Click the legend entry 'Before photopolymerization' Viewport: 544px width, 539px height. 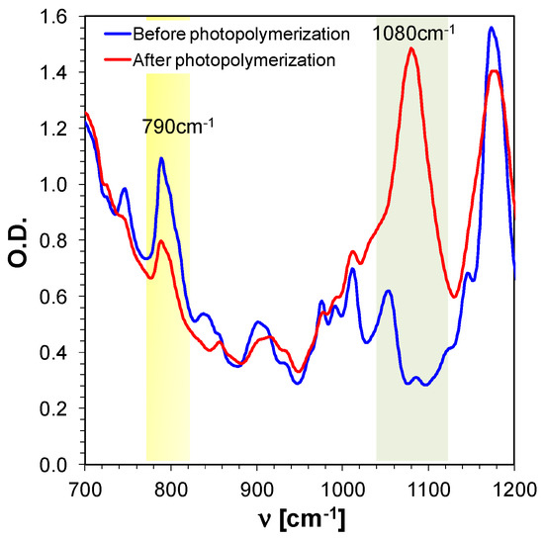pyautogui.click(x=241, y=34)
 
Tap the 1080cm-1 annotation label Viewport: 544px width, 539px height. pyautogui.click(x=413, y=34)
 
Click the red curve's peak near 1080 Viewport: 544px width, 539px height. pyautogui.click(x=410, y=48)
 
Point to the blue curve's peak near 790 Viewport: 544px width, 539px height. pyautogui.click(x=161, y=158)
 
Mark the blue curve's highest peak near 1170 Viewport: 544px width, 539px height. pyautogui.click(x=491, y=28)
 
